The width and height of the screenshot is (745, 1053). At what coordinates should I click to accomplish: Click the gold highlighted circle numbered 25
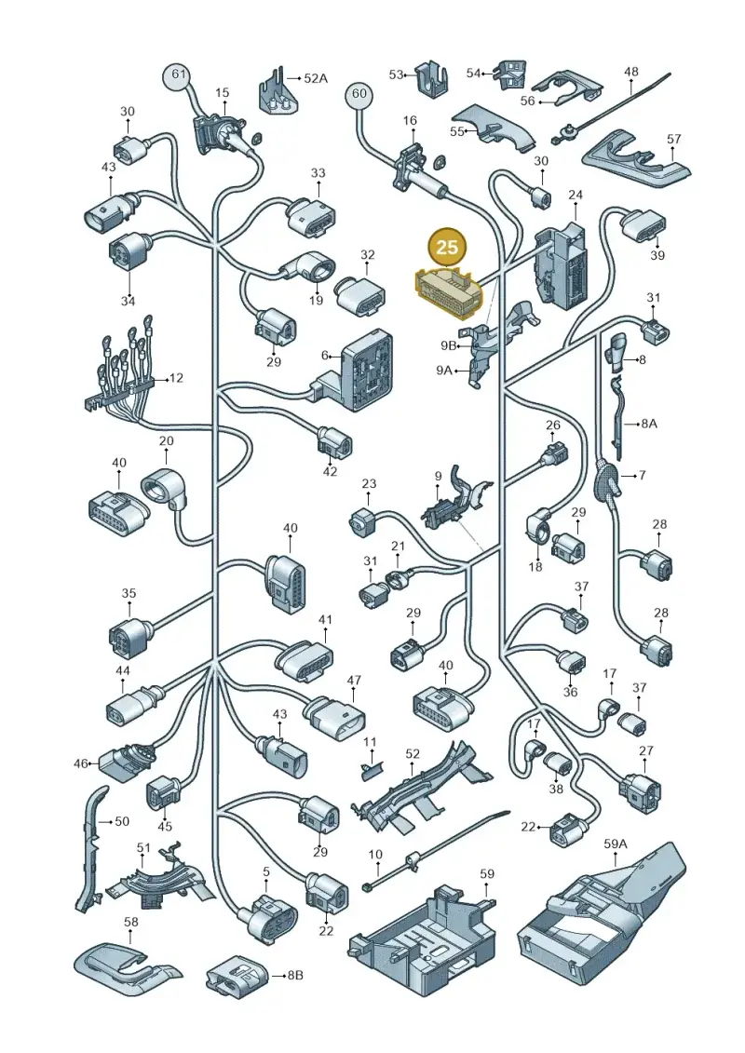(447, 247)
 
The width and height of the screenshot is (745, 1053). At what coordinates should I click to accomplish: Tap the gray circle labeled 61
(177, 74)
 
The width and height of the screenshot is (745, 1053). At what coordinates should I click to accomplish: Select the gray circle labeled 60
(359, 93)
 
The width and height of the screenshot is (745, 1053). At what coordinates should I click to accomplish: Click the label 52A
(316, 78)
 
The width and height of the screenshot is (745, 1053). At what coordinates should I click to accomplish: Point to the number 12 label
(176, 378)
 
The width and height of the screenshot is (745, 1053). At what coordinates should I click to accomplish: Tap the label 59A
(615, 843)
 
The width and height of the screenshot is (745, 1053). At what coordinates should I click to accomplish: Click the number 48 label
(631, 72)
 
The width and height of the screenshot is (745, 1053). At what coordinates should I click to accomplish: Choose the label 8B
(295, 975)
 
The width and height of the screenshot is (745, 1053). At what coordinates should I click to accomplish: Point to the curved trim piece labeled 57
(635, 161)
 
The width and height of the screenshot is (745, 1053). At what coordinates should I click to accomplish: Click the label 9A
(444, 370)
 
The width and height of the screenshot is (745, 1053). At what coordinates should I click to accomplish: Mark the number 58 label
(131, 922)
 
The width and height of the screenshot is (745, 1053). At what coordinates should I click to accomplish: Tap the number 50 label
(122, 821)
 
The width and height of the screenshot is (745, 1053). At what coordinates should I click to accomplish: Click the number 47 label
(354, 681)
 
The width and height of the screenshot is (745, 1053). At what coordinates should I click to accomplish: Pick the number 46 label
(81, 763)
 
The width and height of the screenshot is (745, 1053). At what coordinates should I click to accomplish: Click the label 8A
(649, 423)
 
